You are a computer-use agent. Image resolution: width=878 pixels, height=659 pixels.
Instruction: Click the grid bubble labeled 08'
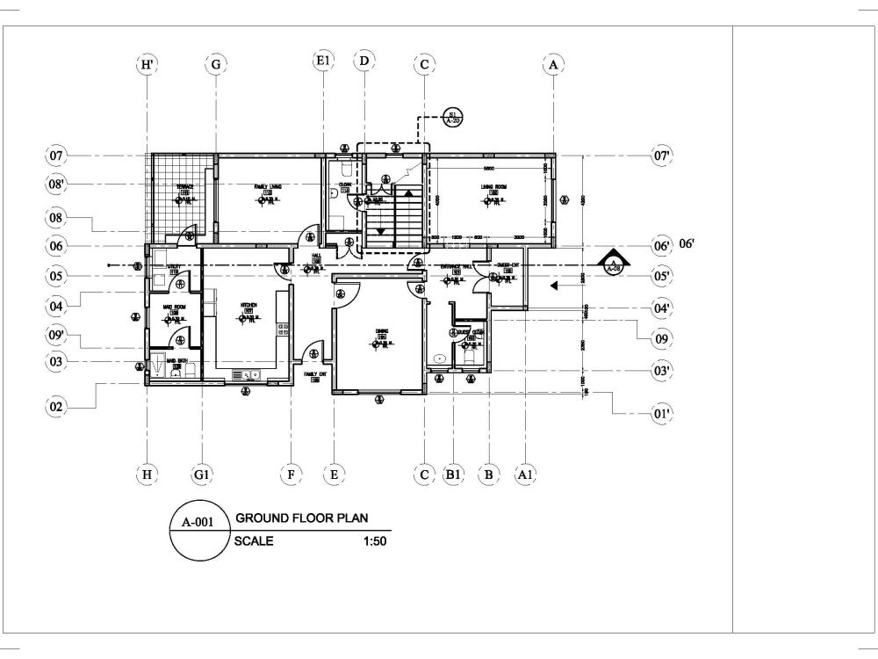(x=58, y=185)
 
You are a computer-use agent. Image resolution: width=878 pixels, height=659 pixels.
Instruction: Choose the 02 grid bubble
(x=58, y=406)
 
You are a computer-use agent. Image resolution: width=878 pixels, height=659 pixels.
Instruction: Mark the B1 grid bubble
(x=453, y=475)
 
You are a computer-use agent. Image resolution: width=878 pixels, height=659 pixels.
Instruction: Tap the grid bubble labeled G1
(x=202, y=475)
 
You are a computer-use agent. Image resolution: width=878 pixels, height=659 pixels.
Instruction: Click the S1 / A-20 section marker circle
(x=452, y=117)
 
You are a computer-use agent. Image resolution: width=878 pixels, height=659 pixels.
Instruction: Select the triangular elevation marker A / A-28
(x=612, y=263)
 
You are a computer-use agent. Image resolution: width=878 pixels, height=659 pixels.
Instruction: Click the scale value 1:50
(x=375, y=541)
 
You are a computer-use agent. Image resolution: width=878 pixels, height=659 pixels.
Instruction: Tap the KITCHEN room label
(x=248, y=305)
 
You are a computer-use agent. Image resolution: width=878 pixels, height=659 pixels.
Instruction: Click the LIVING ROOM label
(x=489, y=186)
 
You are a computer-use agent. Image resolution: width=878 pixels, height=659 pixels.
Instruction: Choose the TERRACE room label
(x=185, y=186)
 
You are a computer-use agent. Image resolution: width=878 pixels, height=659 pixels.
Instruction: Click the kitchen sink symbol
(x=248, y=375)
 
